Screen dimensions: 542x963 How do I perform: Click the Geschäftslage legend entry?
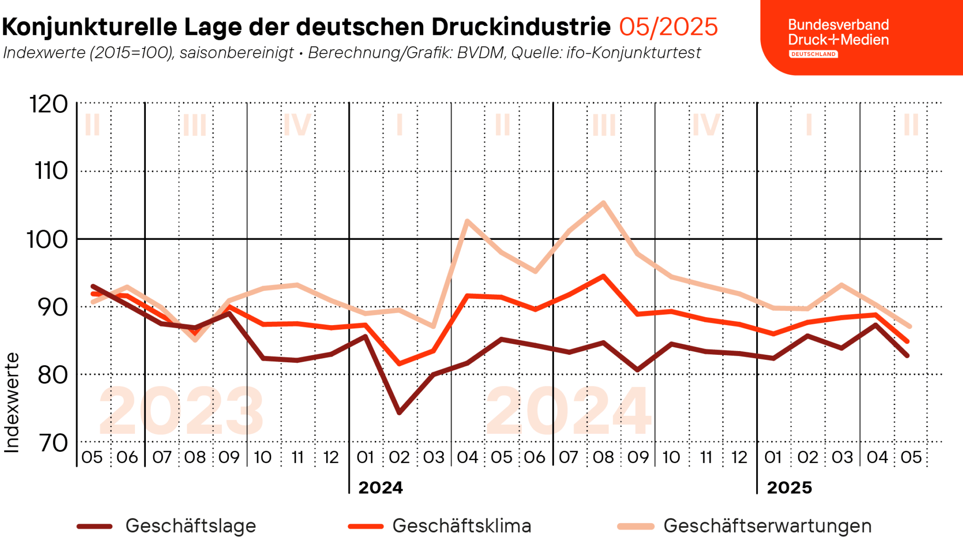click(x=190, y=526)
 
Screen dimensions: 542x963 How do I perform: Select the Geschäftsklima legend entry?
click(x=461, y=526)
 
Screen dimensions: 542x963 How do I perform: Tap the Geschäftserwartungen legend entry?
click(x=767, y=526)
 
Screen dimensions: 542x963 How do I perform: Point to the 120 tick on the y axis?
click(x=49, y=104)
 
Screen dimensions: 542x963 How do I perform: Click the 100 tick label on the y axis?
click(x=47, y=239)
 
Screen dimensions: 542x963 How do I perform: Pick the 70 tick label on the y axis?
click(x=53, y=443)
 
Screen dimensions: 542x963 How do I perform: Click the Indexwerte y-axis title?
click(x=12, y=403)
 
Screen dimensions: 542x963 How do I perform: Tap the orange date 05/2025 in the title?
click(x=668, y=27)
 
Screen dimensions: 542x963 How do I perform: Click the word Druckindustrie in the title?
click(x=521, y=27)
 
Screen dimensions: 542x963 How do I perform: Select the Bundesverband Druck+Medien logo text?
click(x=838, y=32)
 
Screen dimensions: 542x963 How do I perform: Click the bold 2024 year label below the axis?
click(x=380, y=487)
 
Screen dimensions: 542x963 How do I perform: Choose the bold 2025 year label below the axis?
click(x=789, y=487)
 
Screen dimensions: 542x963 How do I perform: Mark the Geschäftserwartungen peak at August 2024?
click(x=603, y=203)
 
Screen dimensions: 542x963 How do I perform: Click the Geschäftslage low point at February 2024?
click(x=399, y=413)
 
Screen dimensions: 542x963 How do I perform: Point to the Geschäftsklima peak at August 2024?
click(x=603, y=276)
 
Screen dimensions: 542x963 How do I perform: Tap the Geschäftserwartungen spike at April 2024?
click(x=467, y=221)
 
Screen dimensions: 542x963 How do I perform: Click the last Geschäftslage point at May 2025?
click(x=908, y=356)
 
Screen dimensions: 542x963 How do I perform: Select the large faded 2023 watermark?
click(x=181, y=411)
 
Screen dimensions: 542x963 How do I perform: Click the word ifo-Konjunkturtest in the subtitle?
click(x=633, y=53)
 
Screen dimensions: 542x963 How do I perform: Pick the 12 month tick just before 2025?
click(x=739, y=457)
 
